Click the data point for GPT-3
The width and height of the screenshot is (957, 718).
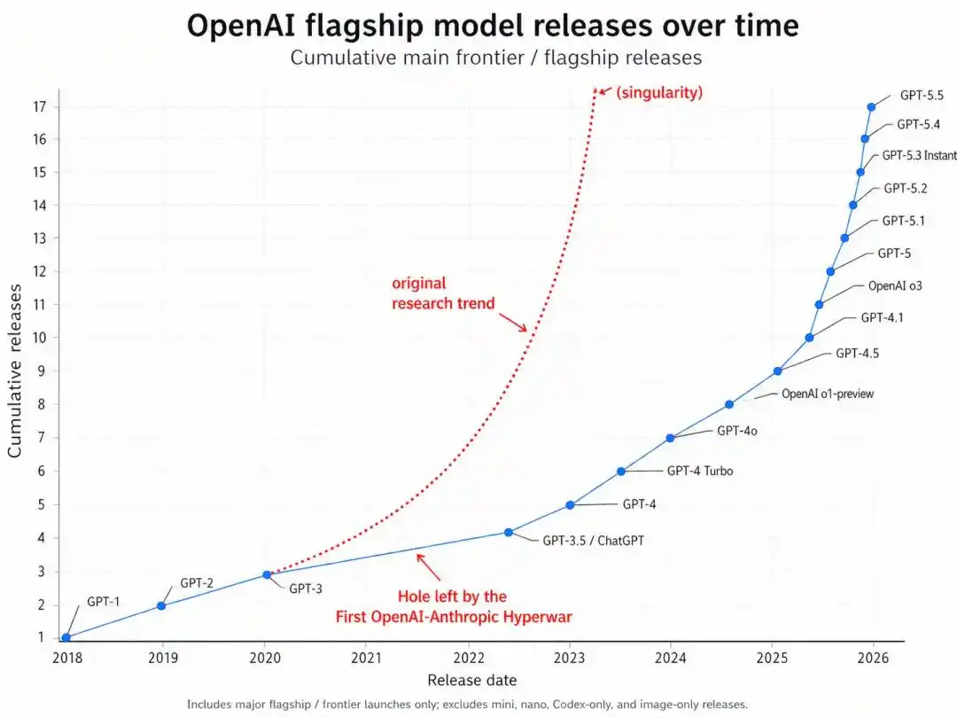pyautogui.click(x=267, y=575)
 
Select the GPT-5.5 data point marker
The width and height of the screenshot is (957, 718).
pyautogui.click(x=871, y=107)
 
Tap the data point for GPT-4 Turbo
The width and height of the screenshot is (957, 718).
pyautogui.click(x=621, y=472)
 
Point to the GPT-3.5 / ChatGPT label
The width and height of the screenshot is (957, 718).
pyautogui.click(x=593, y=539)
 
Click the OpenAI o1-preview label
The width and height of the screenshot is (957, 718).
pyautogui.click(x=827, y=394)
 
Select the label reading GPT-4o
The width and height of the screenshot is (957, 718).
pyautogui.click(x=736, y=431)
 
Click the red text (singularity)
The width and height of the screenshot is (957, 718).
pyautogui.click(x=659, y=92)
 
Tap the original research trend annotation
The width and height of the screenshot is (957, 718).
pyautogui.click(x=443, y=293)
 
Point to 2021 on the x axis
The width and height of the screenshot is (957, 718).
pyautogui.click(x=367, y=659)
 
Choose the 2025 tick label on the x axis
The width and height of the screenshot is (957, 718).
pyautogui.click(x=772, y=659)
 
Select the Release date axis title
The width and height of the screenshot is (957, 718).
pyautogui.click(x=471, y=681)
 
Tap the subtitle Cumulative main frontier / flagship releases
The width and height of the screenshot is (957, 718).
pyautogui.click(x=495, y=58)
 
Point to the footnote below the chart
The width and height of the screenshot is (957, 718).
pyautogui.click(x=467, y=704)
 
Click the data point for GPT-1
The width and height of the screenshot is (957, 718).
pyautogui.click(x=66, y=637)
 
